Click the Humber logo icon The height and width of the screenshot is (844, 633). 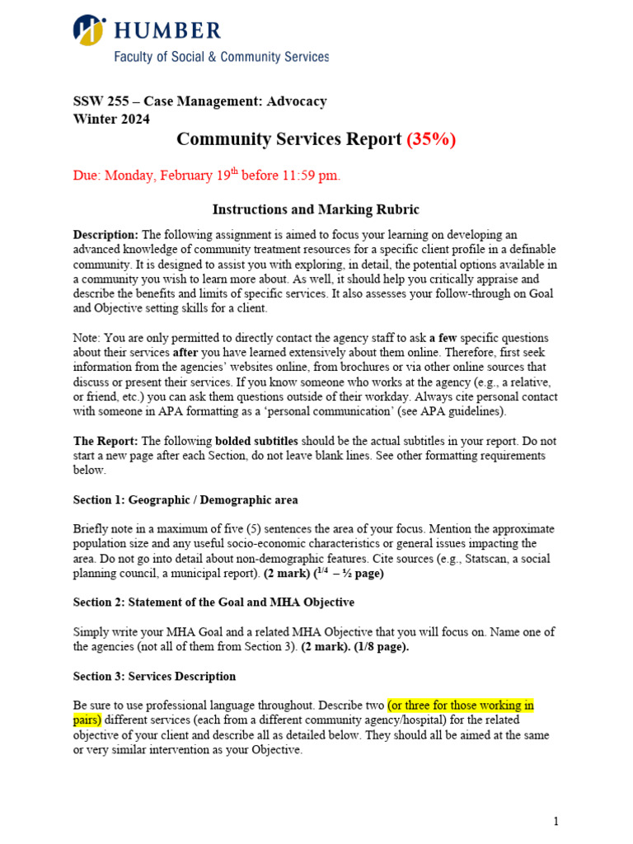click(x=89, y=30)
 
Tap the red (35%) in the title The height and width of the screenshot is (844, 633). click(x=430, y=139)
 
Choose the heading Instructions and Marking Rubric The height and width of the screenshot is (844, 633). click(x=316, y=209)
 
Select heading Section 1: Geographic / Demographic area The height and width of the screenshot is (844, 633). click(x=185, y=499)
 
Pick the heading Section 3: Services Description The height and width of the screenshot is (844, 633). click(x=154, y=676)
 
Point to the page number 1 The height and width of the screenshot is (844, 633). click(x=556, y=821)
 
